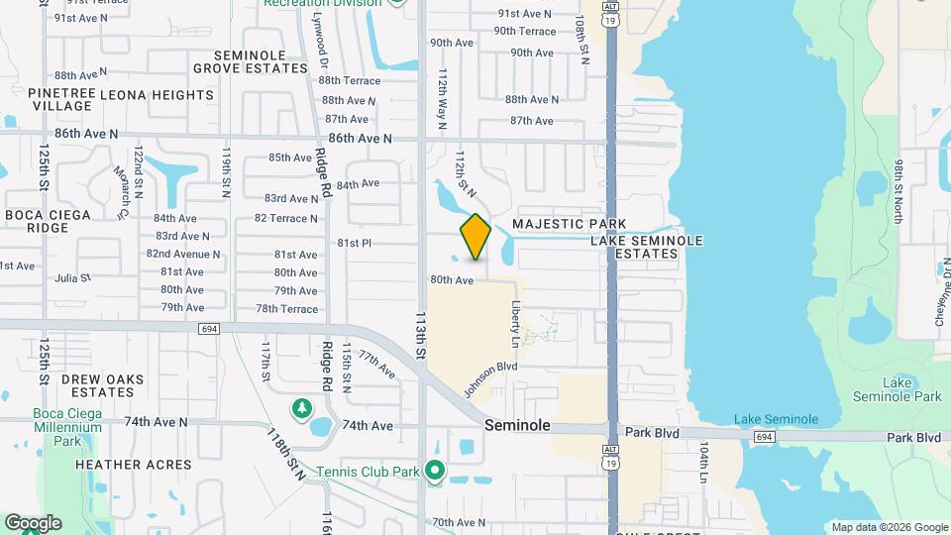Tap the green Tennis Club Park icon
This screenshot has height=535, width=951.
tap(435, 470)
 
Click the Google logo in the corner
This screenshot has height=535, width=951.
tap(33, 523)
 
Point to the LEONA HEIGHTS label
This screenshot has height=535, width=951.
tap(161, 95)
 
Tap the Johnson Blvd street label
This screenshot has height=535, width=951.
tap(491, 376)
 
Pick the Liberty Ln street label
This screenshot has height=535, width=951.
tap(515, 324)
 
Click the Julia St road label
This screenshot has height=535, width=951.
tap(73, 278)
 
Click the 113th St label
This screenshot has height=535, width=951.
tap(421, 338)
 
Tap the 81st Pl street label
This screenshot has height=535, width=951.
tap(354, 243)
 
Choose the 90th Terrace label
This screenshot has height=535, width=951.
tap(524, 32)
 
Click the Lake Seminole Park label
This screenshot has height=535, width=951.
tap(911, 389)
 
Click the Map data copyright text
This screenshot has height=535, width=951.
tap(890, 527)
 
